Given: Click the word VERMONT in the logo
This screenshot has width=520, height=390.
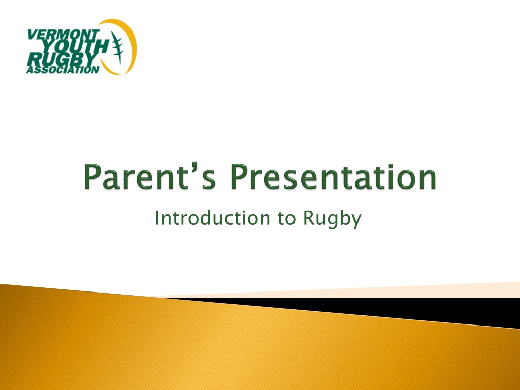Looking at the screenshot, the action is [x=63, y=35].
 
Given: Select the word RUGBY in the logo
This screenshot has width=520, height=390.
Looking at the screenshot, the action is [x=61, y=60].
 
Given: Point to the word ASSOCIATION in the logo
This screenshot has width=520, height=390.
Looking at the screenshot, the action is [x=62, y=70].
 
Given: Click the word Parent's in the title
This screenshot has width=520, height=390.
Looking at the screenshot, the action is [x=150, y=176].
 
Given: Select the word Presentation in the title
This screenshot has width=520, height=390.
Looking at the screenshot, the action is [x=333, y=176].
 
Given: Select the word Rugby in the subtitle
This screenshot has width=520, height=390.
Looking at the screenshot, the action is [x=332, y=219].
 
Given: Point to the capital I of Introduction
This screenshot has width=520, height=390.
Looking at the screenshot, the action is [x=157, y=218].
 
